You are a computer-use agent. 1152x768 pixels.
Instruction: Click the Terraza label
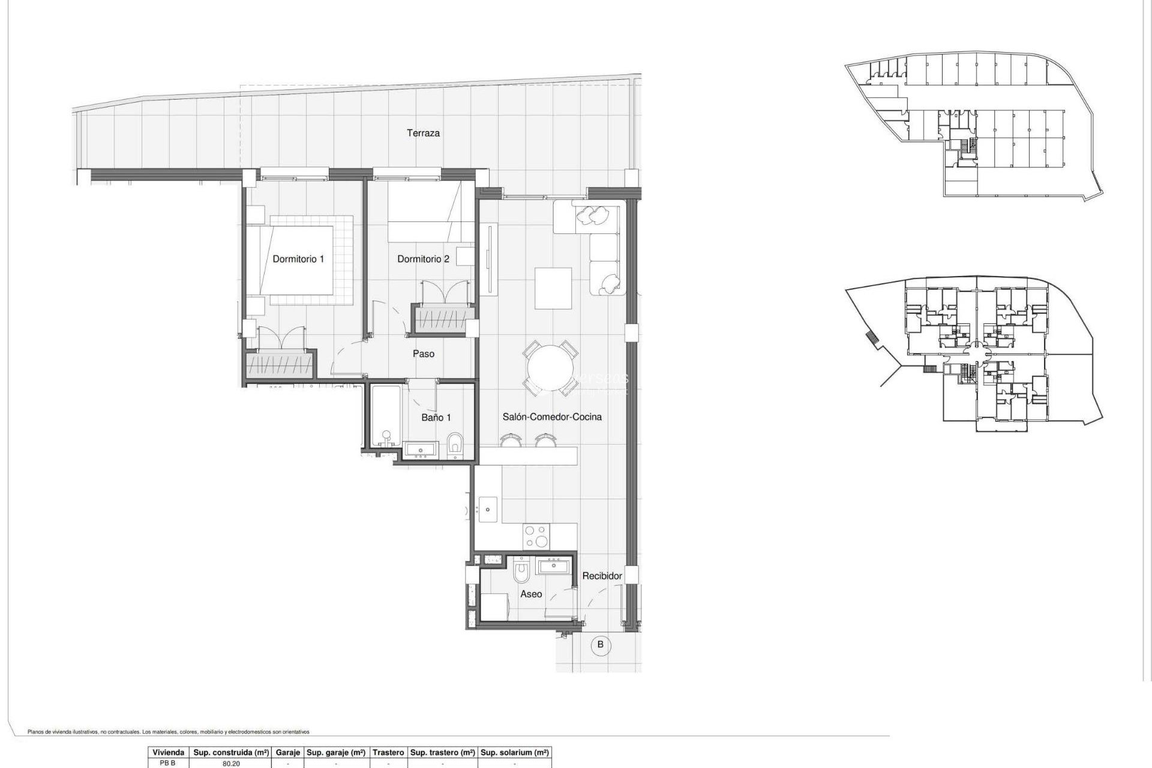[x=423, y=133]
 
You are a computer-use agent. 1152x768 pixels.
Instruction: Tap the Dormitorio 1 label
[x=298, y=259]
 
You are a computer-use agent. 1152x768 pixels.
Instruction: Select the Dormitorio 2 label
[x=423, y=259]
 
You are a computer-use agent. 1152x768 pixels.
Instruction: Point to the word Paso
[x=424, y=354]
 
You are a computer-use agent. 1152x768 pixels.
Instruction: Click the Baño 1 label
[x=436, y=418]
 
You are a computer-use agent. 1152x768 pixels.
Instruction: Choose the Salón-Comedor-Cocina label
[x=552, y=417]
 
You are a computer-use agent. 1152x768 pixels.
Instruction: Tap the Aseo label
[x=531, y=594]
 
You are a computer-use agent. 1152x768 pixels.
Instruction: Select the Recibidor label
[x=602, y=576]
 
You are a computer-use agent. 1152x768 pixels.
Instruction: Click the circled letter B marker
[x=600, y=646]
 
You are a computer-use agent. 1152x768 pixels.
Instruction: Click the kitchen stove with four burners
[x=536, y=536]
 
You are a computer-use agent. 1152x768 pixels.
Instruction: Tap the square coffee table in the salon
[x=553, y=288]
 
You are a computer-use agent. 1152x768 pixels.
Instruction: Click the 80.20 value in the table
[x=231, y=764]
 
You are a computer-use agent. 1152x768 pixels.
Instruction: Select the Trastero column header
[x=388, y=752]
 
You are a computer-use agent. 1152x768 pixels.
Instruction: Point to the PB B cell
[x=167, y=764]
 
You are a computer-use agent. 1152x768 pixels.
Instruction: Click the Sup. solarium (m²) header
[x=515, y=752]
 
